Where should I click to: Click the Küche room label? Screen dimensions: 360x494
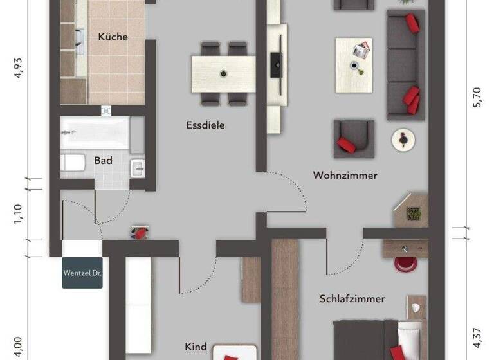[113, 37]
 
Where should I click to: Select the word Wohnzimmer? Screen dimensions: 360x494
[345, 175]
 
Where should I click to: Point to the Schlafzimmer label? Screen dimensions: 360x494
[352, 298]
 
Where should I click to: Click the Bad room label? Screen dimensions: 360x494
[103, 160]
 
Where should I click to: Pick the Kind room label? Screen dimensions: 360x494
[196, 346]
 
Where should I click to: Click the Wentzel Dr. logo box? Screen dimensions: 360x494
[82, 273]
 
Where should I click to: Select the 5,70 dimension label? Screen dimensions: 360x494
[477, 96]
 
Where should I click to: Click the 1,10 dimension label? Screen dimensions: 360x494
[18, 213]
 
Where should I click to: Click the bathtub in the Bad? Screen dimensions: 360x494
[95, 132]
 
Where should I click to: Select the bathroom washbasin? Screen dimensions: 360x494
[138, 169]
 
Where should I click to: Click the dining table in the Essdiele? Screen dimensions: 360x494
[224, 73]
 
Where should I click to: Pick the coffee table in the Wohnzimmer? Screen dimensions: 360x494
[354, 57]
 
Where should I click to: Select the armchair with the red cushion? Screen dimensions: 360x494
[353, 138]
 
